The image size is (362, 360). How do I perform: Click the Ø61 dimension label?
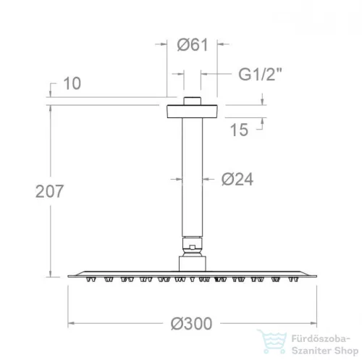(x=193, y=45)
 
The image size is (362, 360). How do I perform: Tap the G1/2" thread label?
(x=260, y=74)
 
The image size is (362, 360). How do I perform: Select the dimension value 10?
(x=72, y=83)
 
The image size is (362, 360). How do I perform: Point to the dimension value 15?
(x=239, y=130)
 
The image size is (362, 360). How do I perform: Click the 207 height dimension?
(x=49, y=191)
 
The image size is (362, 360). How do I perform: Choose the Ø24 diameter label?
(x=237, y=179)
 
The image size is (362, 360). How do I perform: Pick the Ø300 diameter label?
(x=191, y=324)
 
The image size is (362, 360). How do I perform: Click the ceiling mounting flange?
(x=192, y=112)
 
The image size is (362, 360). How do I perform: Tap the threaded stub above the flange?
(x=192, y=101)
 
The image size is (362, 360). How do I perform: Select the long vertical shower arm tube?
(x=193, y=177)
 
